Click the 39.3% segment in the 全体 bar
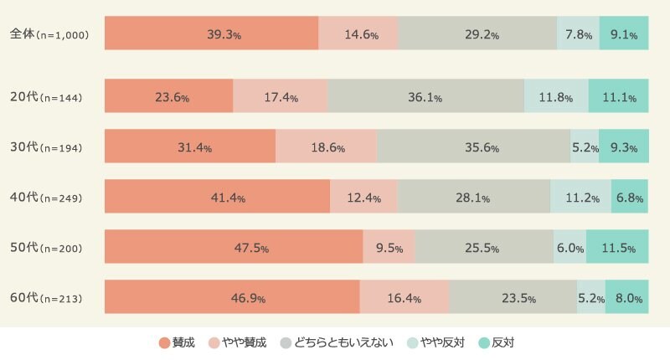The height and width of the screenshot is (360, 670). click(x=211, y=33)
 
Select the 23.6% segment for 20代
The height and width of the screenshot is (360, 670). click(x=168, y=96)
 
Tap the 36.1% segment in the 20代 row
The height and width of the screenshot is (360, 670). click(x=425, y=96)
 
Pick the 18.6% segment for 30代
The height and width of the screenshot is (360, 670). click(x=326, y=147)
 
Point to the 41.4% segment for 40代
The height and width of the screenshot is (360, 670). click(x=217, y=197)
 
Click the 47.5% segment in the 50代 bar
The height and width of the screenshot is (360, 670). click(x=234, y=247)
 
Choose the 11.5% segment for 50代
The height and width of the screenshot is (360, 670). click(x=617, y=247)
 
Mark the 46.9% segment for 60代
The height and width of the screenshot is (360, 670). click(x=232, y=297)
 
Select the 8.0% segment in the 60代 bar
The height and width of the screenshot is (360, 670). click(x=626, y=297)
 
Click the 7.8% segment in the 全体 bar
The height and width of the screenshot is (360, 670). click(x=578, y=33)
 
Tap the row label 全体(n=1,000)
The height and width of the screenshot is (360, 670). click(x=49, y=34)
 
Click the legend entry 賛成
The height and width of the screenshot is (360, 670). click(x=177, y=342)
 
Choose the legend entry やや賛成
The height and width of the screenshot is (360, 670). click(x=237, y=342)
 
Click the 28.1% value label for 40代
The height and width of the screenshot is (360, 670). click(x=474, y=198)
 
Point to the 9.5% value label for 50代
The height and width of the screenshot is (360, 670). click(x=389, y=248)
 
